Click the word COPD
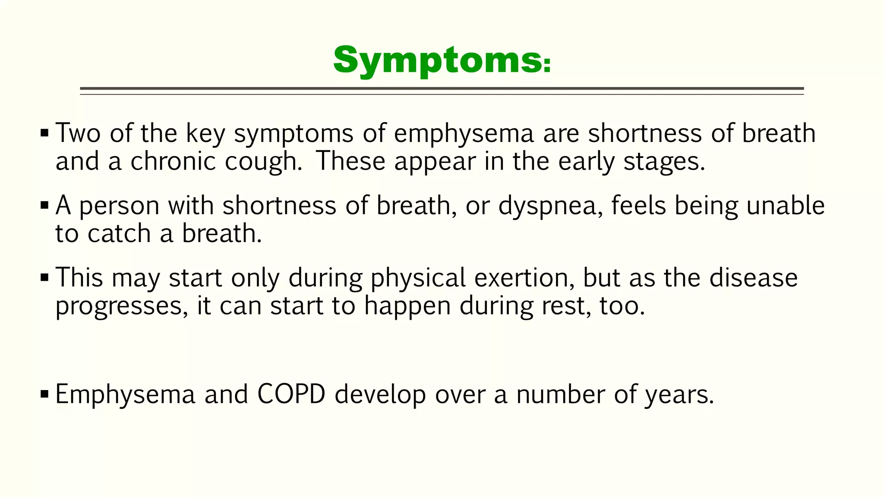point(291,394)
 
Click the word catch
point(119,234)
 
